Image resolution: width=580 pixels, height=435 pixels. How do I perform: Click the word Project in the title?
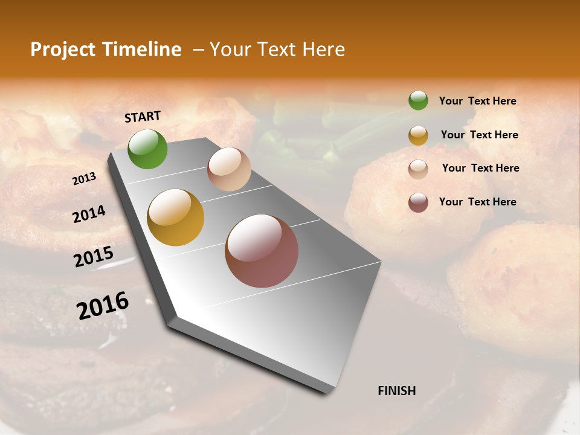tap(63, 50)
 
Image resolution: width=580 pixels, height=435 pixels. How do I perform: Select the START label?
tap(143, 117)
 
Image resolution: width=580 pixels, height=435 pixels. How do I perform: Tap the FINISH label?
tap(397, 391)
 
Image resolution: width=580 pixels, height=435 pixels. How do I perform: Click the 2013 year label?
tap(84, 179)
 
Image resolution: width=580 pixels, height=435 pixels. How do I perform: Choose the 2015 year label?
tap(94, 257)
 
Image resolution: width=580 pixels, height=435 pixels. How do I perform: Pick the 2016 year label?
tap(103, 306)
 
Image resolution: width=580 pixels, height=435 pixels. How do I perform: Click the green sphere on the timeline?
tap(147, 149)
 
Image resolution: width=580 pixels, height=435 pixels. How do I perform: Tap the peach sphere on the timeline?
tap(229, 169)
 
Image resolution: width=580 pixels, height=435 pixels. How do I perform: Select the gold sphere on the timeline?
tap(176, 217)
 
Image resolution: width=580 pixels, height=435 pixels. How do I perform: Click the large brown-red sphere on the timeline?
tap(262, 251)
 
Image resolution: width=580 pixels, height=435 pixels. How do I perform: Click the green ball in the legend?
tap(418, 100)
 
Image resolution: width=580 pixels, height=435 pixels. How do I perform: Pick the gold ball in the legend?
tap(418, 135)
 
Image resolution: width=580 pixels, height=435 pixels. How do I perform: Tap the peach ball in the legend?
tap(418, 169)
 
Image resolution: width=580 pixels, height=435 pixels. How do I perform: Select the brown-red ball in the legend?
tap(418, 202)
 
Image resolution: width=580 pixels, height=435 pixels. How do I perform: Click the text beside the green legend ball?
tap(477, 101)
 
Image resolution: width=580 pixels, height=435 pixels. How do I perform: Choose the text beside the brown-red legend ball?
tap(477, 202)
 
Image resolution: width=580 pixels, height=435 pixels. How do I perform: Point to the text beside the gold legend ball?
tap(479, 135)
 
